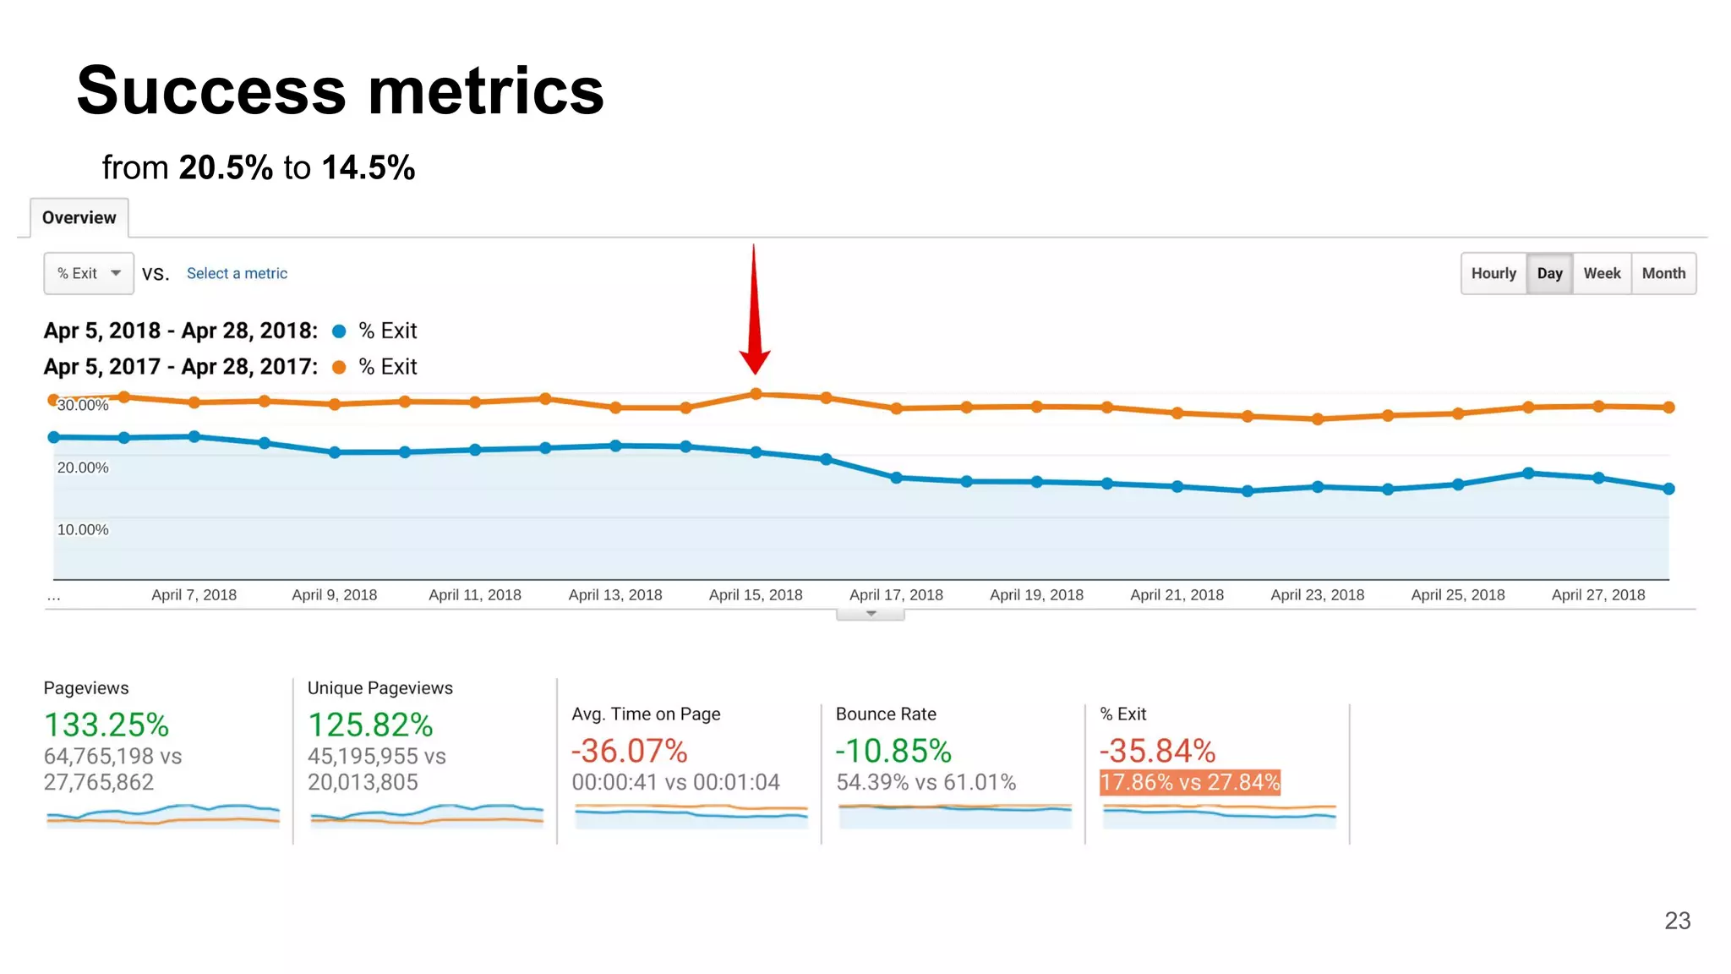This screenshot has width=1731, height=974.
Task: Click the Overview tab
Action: pos(79,218)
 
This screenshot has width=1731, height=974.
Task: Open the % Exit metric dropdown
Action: pos(89,274)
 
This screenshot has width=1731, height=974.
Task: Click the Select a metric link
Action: pos(237,274)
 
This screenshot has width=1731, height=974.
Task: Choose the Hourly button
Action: pos(1493,274)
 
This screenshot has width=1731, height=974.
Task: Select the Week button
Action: pos(1602,274)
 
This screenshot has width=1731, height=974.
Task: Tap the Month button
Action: pos(1663,274)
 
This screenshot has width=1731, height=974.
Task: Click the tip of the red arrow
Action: pos(755,372)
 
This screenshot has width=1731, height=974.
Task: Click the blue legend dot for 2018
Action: pos(339,331)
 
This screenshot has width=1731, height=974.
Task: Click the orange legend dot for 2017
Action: pos(339,367)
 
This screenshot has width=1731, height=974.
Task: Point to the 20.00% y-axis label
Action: pos(83,468)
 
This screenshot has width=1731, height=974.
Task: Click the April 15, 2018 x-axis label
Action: pos(756,595)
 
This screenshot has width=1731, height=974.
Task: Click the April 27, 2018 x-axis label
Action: pos(1598,595)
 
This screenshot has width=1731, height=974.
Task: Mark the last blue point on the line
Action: pos(1668,489)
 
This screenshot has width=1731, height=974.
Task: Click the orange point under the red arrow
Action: pos(756,394)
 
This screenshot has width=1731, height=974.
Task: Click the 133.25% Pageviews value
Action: pos(106,725)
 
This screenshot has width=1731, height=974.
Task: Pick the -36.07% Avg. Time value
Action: pos(630,752)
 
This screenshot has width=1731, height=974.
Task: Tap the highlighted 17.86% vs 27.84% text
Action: pos(1190,783)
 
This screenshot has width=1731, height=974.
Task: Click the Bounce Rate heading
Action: pos(886,714)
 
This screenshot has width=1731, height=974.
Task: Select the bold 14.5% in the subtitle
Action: pos(369,168)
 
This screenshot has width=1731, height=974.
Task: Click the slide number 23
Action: pos(1677,921)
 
